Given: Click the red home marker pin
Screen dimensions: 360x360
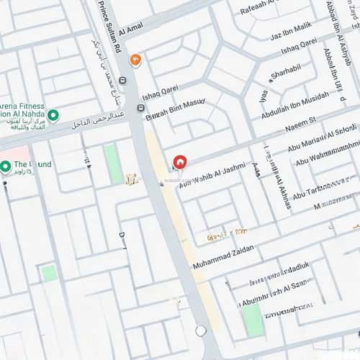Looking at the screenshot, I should tap(180, 162).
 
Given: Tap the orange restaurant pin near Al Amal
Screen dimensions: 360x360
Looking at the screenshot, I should tap(135, 60).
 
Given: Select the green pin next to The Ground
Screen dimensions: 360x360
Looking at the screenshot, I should tap(5, 166).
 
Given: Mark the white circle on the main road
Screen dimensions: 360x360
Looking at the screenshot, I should tap(201, 330).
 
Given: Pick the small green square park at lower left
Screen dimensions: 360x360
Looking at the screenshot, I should tap(48, 273).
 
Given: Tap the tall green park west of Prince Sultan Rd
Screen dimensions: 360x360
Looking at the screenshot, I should tap(113, 164).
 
